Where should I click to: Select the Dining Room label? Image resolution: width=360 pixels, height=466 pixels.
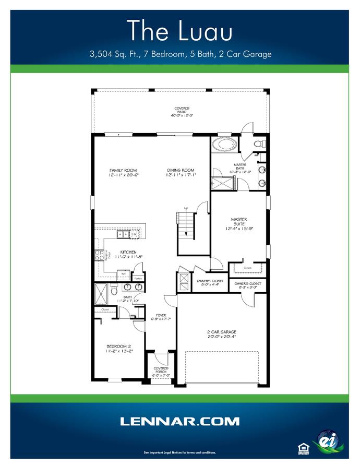181,170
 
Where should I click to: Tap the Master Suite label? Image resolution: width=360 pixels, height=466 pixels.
239,219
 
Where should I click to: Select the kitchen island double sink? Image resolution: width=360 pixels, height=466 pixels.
123,234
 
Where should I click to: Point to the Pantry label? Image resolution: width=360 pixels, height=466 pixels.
138,279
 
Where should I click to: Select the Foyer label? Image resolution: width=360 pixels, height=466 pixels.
161,315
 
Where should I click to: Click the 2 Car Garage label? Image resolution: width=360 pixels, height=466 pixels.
222,332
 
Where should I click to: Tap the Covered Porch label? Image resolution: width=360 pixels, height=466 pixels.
161,368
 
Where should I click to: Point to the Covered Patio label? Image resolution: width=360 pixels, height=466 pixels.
182,110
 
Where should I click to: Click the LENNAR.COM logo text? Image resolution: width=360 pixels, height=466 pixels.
180,421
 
